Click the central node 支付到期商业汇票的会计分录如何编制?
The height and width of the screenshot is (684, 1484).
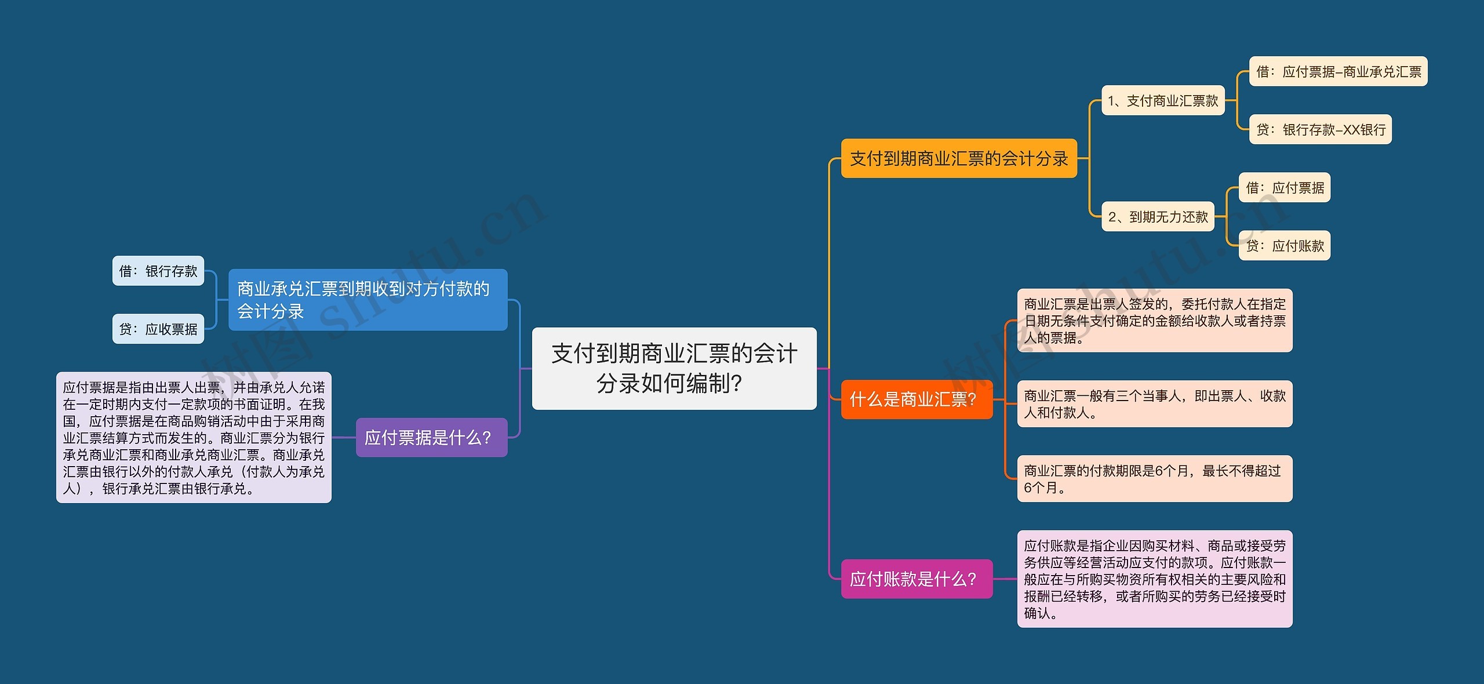coord(674,369)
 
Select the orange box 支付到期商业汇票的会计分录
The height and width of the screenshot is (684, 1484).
coord(958,158)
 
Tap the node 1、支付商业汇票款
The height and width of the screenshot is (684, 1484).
coord(1162,101)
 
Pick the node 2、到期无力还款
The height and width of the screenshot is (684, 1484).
coord(1157,217)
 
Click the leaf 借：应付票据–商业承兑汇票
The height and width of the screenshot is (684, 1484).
coord(1337,72)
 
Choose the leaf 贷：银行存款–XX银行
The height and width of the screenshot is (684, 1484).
coord(1320,130)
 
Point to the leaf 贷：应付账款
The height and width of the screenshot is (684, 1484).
coord(1284,246)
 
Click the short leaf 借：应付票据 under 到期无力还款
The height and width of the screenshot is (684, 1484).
coord(1284,188)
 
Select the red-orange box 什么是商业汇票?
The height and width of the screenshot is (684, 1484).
coord(916,399)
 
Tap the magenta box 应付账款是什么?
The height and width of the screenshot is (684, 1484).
coord(916,579)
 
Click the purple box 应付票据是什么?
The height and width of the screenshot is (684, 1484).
coord(431,438)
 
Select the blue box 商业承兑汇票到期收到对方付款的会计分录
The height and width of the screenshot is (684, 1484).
coord(368,300)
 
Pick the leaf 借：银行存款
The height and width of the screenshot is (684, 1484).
coord(158,271)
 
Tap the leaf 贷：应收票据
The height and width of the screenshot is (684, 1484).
coord(158,329)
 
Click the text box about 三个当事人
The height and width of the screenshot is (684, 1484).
coord(1154,404)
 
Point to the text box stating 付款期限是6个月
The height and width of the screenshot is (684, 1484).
coord(1154,479)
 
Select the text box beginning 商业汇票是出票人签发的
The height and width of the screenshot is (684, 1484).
coord(1154,321)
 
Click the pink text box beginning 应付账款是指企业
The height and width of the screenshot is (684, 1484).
coord(1154,579)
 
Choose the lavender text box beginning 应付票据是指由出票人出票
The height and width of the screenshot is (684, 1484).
coord(194,438)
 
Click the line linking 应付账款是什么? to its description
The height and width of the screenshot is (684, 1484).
coord(1005,579)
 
